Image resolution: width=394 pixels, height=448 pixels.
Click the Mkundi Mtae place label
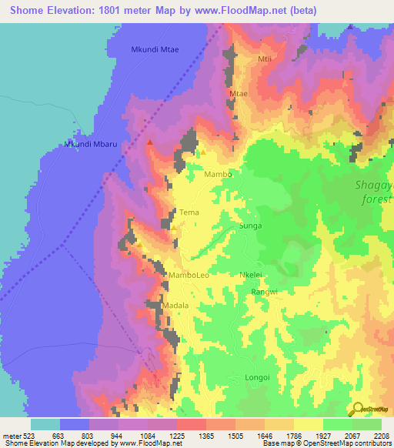[154, 50]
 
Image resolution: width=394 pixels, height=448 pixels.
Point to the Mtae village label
[239, 93]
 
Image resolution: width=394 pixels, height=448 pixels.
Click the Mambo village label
[218, 175]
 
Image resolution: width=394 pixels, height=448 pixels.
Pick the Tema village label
[189, 212]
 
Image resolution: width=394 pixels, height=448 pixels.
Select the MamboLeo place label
[189, 275]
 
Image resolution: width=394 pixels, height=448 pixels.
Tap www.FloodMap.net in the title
[235, 11]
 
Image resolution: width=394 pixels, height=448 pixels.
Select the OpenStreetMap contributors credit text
[340, 443]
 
